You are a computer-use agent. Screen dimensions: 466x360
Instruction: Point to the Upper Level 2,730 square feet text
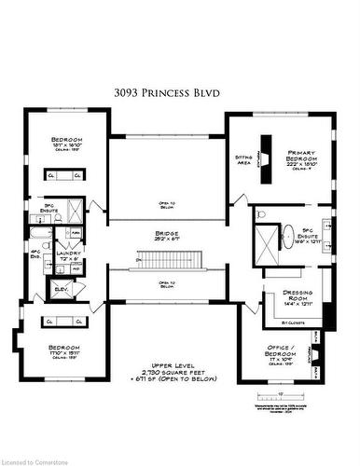169,370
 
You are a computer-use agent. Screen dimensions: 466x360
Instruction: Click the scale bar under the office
309,396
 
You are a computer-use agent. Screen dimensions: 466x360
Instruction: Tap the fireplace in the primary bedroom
265,150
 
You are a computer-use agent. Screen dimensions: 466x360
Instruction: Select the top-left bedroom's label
66,142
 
